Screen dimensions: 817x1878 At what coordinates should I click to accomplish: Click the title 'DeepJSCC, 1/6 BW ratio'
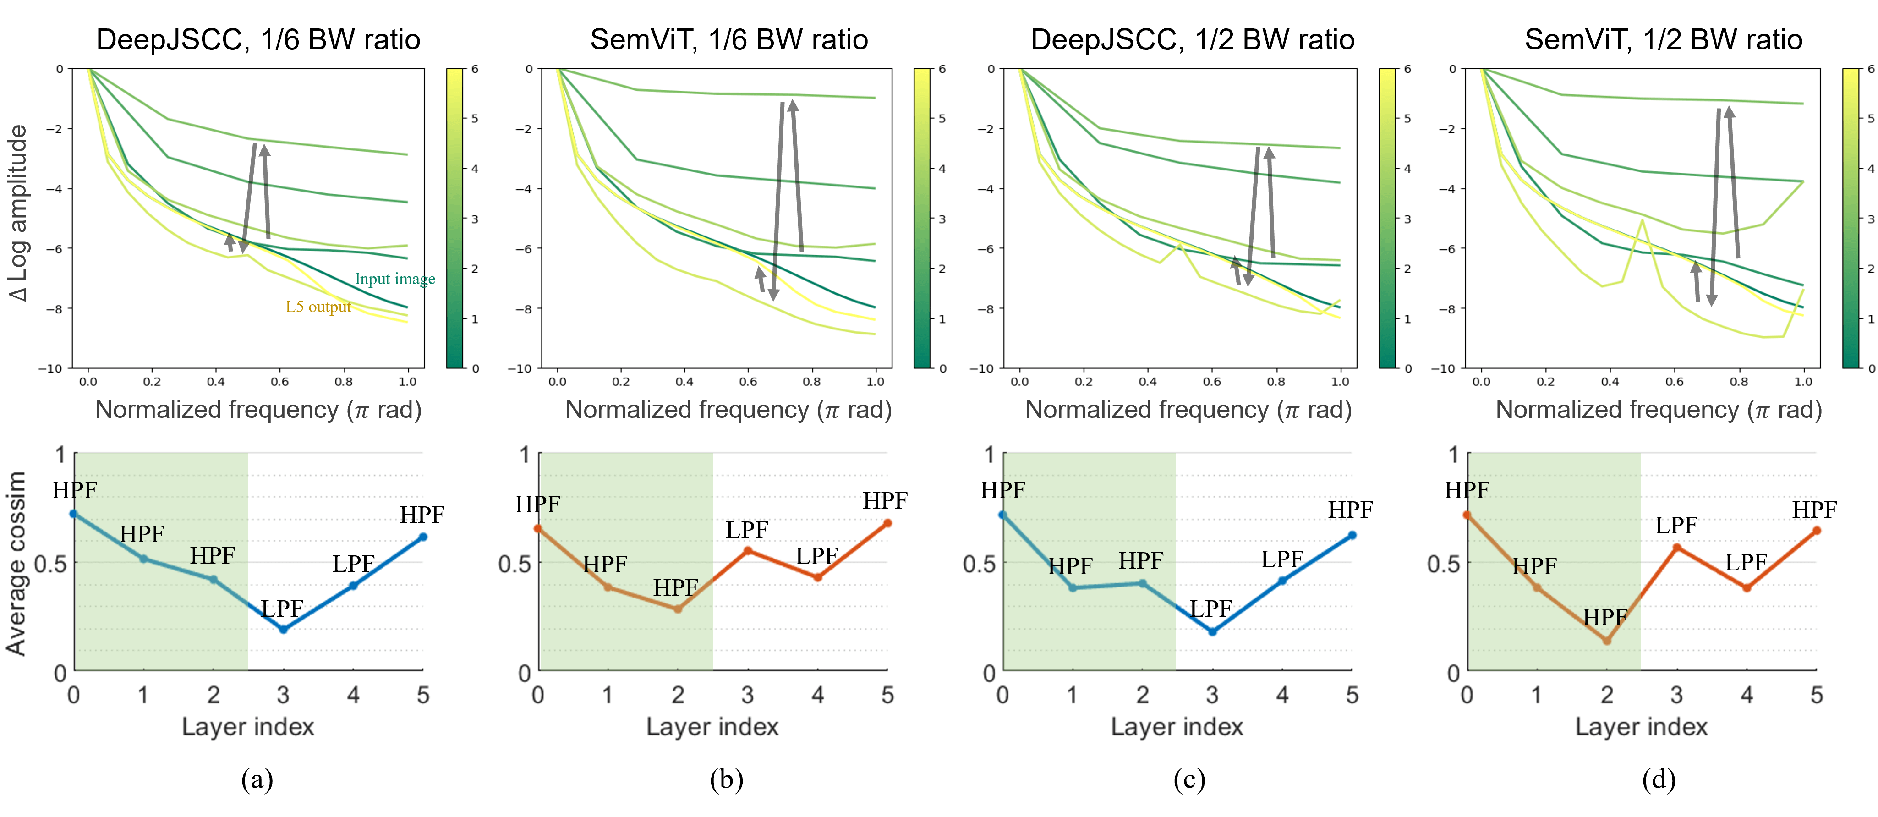coord(258,39)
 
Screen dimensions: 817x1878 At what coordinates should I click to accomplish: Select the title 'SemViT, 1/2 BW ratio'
coord(1663,39)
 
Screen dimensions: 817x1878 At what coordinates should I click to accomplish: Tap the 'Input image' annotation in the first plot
coord(394,279)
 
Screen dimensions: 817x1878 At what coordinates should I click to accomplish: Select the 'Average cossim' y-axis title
coord(16,563)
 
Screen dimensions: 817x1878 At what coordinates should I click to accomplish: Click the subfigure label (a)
coord(257,780)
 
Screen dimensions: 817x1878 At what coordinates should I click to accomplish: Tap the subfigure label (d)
coord(1659,780)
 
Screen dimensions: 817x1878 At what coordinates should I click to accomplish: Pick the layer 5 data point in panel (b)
coord(887,523)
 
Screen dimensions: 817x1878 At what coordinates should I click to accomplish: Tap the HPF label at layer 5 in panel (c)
coord(1350,510)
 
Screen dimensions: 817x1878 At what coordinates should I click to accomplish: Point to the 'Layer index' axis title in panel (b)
coord(712,727)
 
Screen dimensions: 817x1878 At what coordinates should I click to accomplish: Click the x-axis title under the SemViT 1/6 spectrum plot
coord(728,410)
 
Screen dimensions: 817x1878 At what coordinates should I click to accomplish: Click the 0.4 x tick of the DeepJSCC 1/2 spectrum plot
coord(1148,382)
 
